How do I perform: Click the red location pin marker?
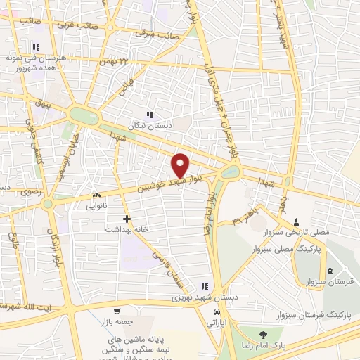(x=181, y=164)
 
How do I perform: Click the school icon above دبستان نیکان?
(x=149, y=115)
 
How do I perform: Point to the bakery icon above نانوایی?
(x=96, y=196)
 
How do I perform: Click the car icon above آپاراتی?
(x=218, y=310)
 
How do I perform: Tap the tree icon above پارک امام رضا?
(x=263, y=335)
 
